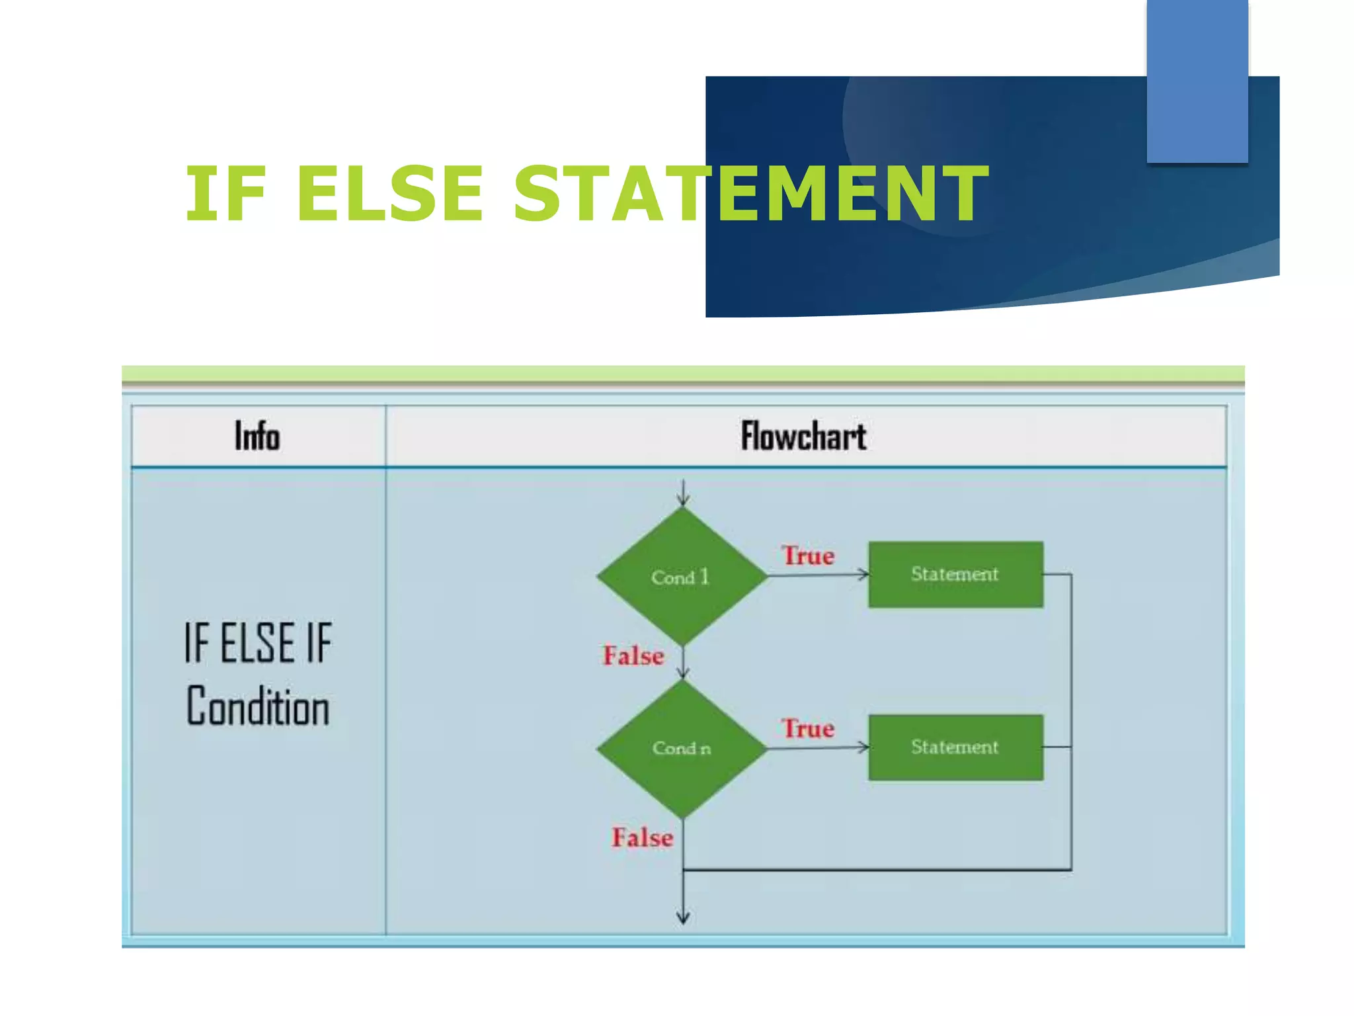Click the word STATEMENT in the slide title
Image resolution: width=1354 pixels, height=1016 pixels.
point(750,194)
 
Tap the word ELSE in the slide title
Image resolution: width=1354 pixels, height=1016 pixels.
point(390,194)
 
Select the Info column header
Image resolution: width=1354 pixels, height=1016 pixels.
point(258,437)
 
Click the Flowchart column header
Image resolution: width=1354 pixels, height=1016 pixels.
point(803,437)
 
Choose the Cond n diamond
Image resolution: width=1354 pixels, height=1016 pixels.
point(682,749)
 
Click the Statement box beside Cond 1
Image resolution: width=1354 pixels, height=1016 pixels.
point(955,574)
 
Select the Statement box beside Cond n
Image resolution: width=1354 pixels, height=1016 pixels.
point(955,747)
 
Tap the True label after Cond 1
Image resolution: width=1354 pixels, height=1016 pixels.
point(808,556)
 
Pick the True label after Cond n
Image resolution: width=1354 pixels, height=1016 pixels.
point(808,728)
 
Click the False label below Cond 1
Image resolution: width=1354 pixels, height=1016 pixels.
point(633,656)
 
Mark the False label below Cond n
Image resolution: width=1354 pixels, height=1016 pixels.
point(642,837)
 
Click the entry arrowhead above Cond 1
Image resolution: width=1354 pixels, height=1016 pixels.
point(684,501)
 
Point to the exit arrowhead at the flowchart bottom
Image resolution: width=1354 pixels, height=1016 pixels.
point(684,917)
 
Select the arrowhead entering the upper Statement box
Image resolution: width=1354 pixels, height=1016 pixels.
point(863,574)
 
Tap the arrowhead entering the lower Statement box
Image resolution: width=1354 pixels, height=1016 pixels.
point(863,747)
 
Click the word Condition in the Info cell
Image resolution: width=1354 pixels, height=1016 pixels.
point(258,706)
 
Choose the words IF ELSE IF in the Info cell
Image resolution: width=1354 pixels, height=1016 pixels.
point(258,643)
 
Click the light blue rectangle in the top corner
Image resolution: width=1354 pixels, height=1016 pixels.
point(1197,81)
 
